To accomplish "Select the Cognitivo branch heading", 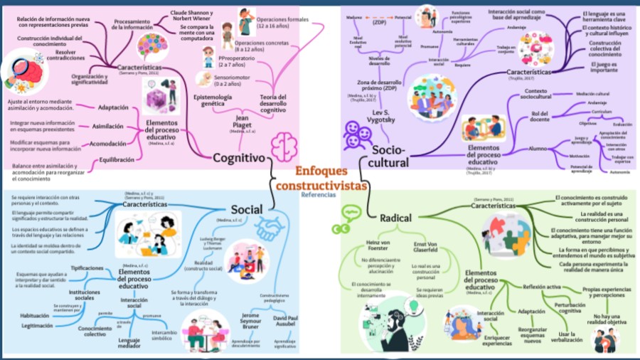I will [243, 158].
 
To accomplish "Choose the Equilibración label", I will [117, 160].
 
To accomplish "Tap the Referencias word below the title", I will [318, 194].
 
